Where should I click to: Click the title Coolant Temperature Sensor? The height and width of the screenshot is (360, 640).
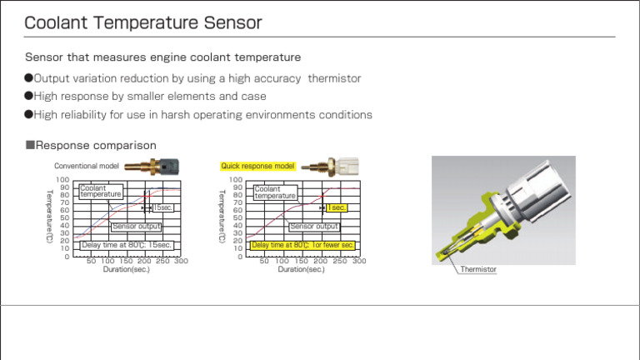click(142, 22)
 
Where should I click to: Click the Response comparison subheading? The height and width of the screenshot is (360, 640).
click(91, 146)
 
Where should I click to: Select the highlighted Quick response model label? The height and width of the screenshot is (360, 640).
click(257, 166)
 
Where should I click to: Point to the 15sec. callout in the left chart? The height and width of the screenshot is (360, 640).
click(162, 207)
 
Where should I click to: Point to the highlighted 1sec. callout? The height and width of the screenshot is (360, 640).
click(336, 207)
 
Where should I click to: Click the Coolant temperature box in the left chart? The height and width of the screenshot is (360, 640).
click(101, 192)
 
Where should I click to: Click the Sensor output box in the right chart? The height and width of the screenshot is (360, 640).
click(314, 226)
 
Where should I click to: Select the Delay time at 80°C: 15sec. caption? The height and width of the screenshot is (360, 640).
click(127, 245)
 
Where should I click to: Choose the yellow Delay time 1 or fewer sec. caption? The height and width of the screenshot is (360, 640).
click(302, 245)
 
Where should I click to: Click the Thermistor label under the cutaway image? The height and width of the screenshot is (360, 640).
click(478, 269)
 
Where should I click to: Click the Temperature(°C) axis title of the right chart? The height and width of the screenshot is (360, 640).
click(222, 216)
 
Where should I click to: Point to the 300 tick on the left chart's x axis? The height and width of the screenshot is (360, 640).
click(181, 261)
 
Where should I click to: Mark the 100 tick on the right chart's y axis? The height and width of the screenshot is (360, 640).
click(236, 179)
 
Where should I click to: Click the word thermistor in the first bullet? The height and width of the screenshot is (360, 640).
click(334, 78)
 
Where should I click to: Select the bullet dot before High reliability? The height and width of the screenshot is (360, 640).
click(28, 114)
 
